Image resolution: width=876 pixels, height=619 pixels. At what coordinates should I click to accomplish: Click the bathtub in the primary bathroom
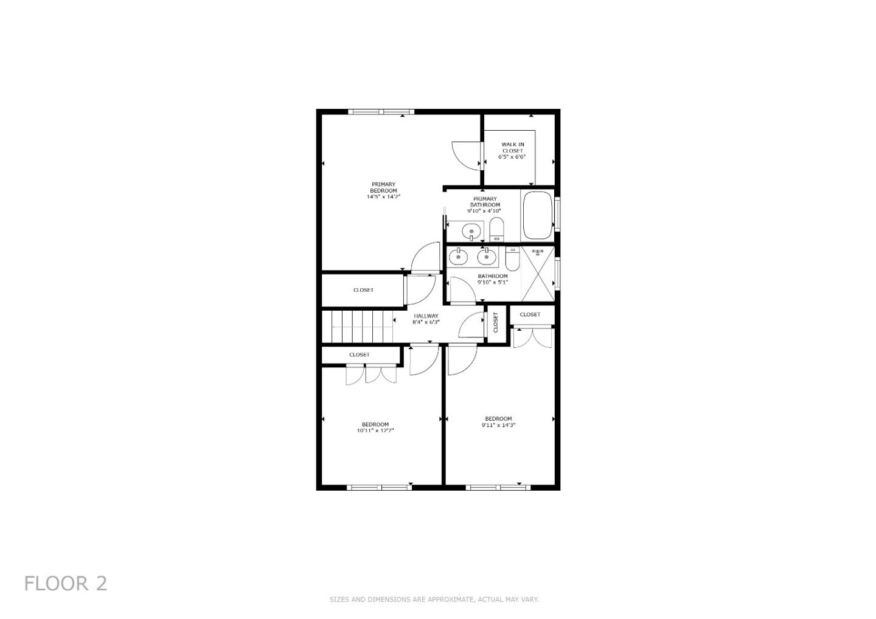pos(537,216)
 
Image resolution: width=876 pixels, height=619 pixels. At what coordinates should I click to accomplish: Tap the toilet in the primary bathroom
pos(496,230)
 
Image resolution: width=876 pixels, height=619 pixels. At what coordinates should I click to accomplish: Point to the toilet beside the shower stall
pos(512,260)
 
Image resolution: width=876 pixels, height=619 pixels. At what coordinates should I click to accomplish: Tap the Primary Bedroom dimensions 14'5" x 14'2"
pos(383,197)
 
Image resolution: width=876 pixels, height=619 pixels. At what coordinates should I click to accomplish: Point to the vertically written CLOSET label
pos(496,322)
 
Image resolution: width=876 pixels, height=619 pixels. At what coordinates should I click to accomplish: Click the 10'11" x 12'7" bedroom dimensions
pos(375,431)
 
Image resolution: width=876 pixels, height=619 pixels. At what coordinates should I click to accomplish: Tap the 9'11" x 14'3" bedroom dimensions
pos(498,426)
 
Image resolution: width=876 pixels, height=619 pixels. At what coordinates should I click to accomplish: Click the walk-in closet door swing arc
pos(466,155)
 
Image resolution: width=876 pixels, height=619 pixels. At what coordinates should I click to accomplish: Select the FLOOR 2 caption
pos(66,584)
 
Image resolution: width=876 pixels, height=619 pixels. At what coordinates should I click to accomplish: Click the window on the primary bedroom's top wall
pos(381,112)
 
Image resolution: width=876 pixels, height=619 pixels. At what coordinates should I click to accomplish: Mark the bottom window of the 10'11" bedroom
pos(380,487)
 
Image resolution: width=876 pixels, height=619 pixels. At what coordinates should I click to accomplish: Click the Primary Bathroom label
pos(484,202)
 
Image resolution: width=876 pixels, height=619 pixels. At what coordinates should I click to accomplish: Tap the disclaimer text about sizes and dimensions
pos(434,600)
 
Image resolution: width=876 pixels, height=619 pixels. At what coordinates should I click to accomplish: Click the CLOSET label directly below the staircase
pos(360,354)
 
